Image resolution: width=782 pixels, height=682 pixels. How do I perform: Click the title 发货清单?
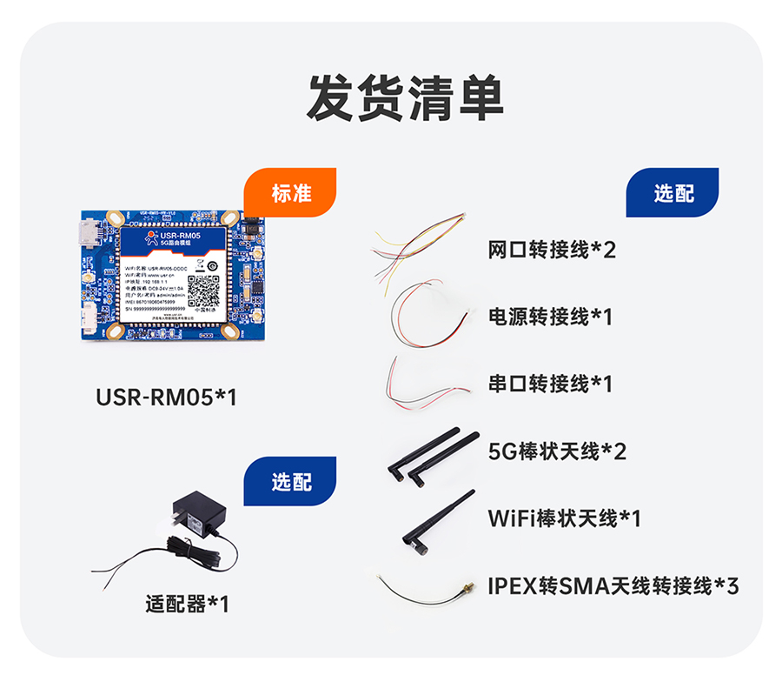point(405,97)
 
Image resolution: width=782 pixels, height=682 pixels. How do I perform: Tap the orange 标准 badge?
point(290,193)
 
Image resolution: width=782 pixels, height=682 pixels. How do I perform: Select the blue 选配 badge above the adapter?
point(290,481)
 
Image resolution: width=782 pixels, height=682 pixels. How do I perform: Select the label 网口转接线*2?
point(552,251)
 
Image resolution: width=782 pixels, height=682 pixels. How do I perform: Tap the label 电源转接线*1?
point(550,317)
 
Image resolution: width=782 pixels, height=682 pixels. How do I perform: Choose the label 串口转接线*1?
point(550,383)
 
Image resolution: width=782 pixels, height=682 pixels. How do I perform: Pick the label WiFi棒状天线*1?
point(564,518)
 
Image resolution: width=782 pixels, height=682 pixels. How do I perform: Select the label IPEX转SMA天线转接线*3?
point(613,585)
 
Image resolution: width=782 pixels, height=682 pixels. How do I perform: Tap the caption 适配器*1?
point(188,603)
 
